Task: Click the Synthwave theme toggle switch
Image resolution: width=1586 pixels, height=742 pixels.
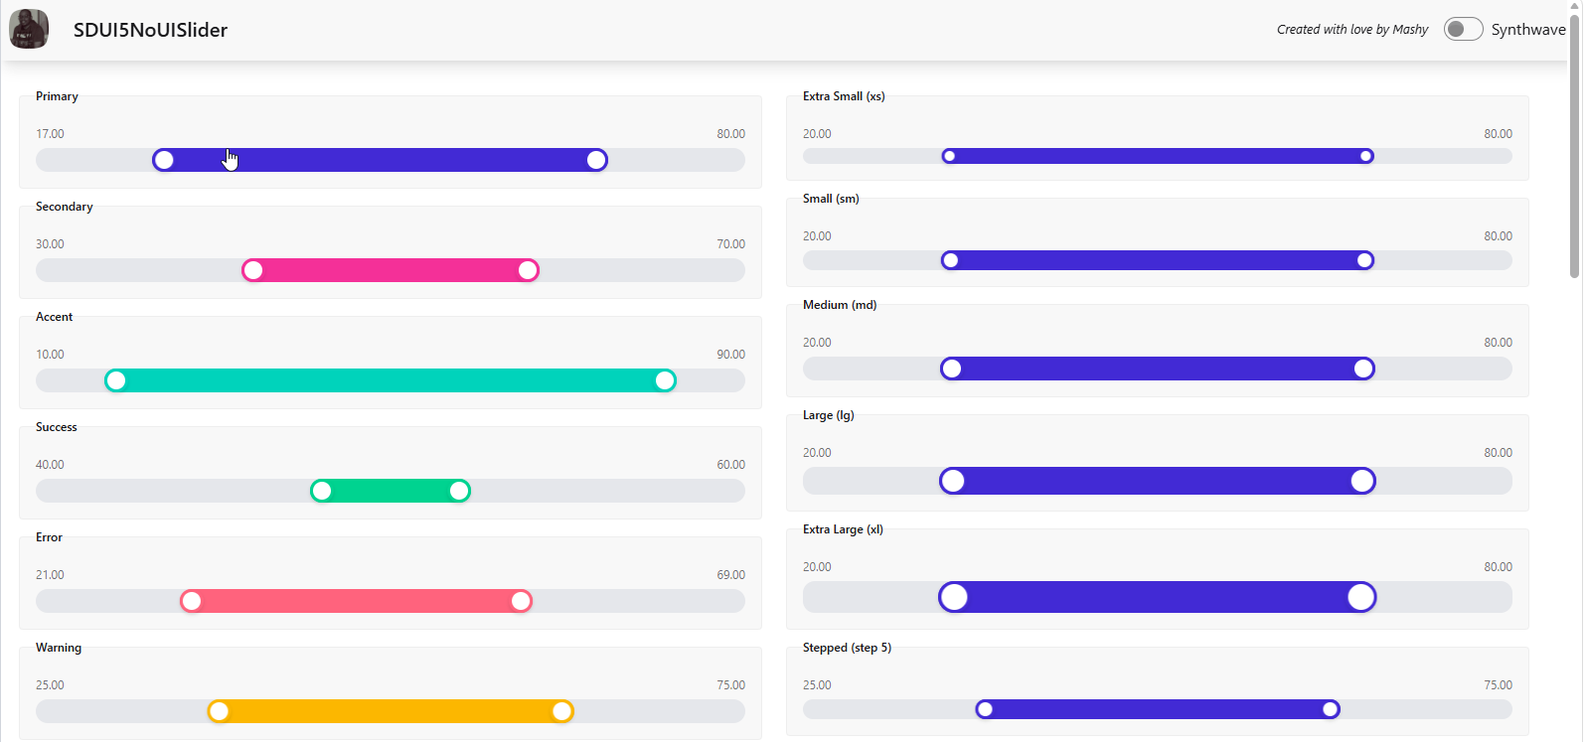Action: pyautogui.click(x=1463, y=29)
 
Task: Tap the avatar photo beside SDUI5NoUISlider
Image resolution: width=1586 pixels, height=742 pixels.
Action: pyautogui.click(x=29, y=29)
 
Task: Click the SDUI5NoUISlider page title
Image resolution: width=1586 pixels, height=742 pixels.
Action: pyautogui.click(x=150, y=30)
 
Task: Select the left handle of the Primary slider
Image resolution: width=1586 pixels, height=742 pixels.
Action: pyautogui.click(x=164, y=160)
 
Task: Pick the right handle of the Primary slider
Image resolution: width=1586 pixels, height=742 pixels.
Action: pyautogui.click(x=597, y=160)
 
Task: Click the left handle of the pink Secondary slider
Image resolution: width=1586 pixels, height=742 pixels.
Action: pyautogui.click(x=252, y=270)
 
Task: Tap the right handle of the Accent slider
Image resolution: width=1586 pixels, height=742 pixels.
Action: pyautogui.click(x=665, y=380)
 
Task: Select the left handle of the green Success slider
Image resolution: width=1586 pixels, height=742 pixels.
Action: pyautogui.click(x=321, y=491)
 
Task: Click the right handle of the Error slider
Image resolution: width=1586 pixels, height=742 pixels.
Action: pyautogui.click(x=521, y=601)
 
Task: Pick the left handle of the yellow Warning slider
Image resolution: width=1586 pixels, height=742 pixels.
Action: pyautogui.click(x=219, y=711)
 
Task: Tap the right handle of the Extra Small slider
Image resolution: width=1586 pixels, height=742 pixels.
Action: pyautogui.click(x=1365, y=156)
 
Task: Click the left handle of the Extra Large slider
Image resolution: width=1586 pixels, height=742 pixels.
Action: pyautogui.click(x=954, y=597)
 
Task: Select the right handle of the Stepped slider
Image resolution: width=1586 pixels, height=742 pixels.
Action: pyautogui.click(x=1331, y=708)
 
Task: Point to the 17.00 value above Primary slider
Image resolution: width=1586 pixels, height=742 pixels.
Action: pyautogui.click(x=50, y=134)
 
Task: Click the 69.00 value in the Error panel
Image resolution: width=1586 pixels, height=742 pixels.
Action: pyautogui.click(x=730, y=575)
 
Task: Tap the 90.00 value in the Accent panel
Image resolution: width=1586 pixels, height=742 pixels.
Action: pyautogui.click(x=730, y=354)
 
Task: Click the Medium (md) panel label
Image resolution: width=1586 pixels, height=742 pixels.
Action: pyautogui.click(x=840, y=305)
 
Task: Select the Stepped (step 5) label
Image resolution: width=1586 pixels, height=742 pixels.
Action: pyautogui.click(x=847, y=648)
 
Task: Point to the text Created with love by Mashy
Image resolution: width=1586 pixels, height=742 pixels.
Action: pyautogui.click(x=1352, y=29)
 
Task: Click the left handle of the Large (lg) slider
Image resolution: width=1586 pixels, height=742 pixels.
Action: pyautogui.click(x=953, y=481)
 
